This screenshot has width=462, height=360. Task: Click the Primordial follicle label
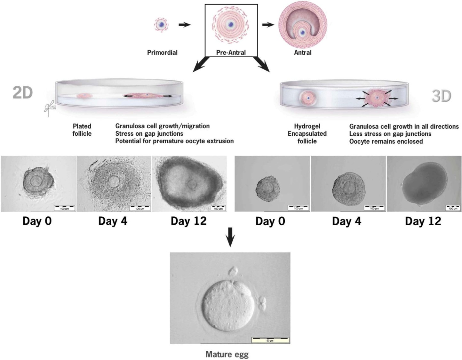pyautogui.click(x=162, y=52)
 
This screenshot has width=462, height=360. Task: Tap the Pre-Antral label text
pyautogui.click(x=231, y=52)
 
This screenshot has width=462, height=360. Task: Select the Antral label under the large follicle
pyautogui.click(x=302, y=52)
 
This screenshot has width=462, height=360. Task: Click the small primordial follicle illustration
pyautogui.click(x=162, y=25)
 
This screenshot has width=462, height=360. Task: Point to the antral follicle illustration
pyautogui.click(x=303, y=24)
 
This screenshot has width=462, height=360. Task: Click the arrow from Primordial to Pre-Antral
pyautogui.click(x=184, y=25)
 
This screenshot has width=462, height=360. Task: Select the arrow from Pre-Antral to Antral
pyautogui.click(x=268, y=25)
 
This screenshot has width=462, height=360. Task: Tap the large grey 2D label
pyautogui.click(x=23, y=93)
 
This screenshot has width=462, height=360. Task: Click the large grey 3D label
pyautogui.click(x=441, y=96)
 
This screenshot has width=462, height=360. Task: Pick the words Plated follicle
pyautogui.click(x=82, y=130)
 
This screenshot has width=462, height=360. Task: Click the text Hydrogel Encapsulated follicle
pyautogui.click(x=307, y=134)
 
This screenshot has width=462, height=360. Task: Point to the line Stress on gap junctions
pyautogui.click(x=149, y=133)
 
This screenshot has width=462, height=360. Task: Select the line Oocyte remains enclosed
pyautogui.click(x=386, y=141)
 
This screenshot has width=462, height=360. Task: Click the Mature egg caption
pyautogui.click(x=227, y=354)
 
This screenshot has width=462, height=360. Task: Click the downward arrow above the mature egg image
pyautogui.click(x=230, y=236)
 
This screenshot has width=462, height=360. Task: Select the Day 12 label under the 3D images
pyautogui.click(x=423, y=221)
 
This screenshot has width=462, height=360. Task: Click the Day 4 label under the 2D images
pyautogui.click(x=113, y=221)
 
